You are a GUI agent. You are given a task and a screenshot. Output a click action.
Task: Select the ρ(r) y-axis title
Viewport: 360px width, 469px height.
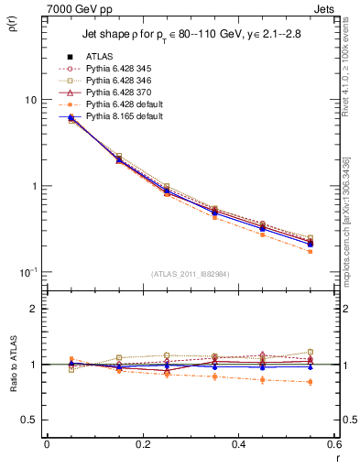(x=12, y=26)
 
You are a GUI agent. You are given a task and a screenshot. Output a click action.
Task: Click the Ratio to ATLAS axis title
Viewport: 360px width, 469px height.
(x=13, y=365)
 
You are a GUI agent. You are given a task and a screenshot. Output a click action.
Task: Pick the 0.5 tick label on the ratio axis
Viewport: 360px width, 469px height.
(x=30, y=420)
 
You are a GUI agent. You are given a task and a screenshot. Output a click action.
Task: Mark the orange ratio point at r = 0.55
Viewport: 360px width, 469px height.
(x=311, y=382)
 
